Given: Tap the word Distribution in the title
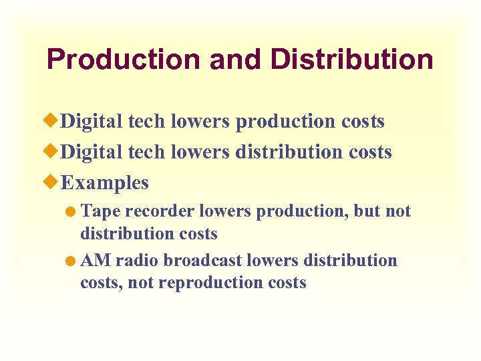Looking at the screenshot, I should coord(351,59).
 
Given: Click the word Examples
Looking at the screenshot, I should coord(104,183).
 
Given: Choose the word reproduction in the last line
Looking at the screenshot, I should coord(204,283).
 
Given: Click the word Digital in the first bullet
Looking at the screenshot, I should coord(92,122).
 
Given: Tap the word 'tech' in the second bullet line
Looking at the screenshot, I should coord(146,152).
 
